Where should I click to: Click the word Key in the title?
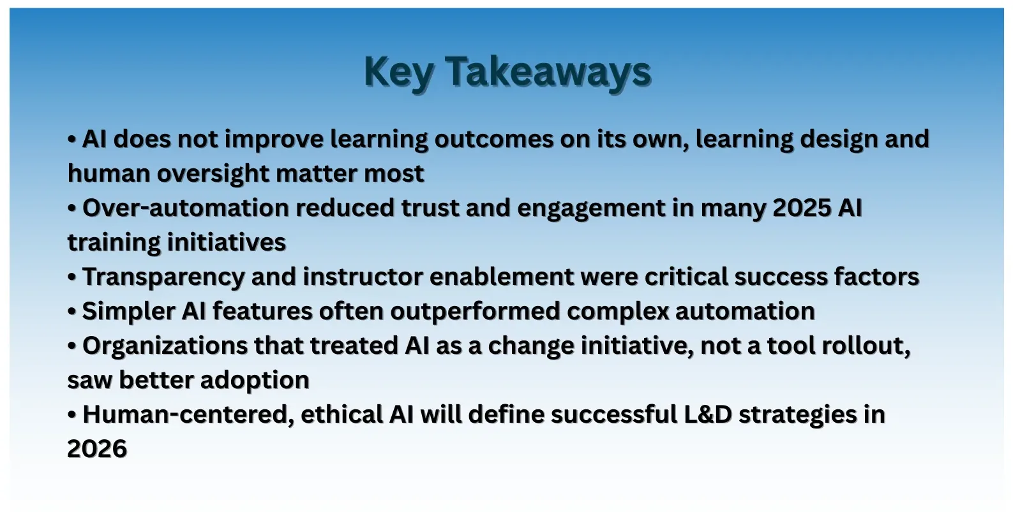coord(398,71)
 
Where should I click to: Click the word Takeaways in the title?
coord(548,71)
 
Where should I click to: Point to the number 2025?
coord(801,208)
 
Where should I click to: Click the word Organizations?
coord(165,346)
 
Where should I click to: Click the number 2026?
coord(97,449)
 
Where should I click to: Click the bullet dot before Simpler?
coord(72,312)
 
